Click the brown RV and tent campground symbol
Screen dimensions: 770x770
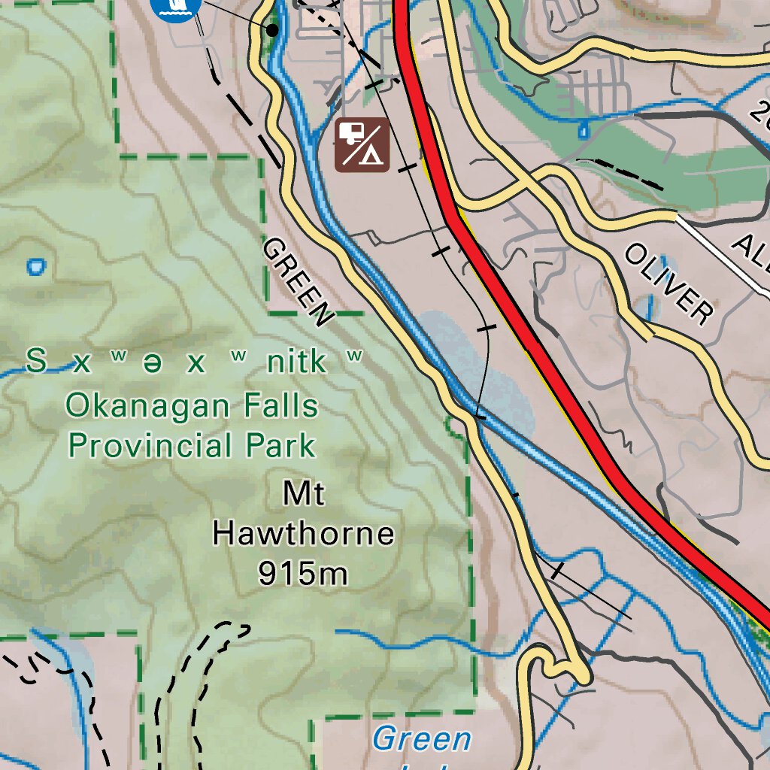coord(362,144)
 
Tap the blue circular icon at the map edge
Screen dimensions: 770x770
coord(175,8)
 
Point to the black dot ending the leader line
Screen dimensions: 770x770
coord(272,29)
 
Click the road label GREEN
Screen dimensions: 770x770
coord(297,283)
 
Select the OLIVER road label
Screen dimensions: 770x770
coord(668,284)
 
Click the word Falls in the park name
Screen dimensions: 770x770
coord(275,407)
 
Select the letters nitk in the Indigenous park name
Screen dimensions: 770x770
coord(297,362)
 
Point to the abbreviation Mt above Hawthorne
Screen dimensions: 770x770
coord(303,495)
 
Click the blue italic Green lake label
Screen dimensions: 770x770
coord(421,739)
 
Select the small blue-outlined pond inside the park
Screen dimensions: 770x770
coord(35,265)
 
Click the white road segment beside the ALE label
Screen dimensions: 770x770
coord(722,252)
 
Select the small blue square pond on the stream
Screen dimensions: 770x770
coord(584,131)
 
